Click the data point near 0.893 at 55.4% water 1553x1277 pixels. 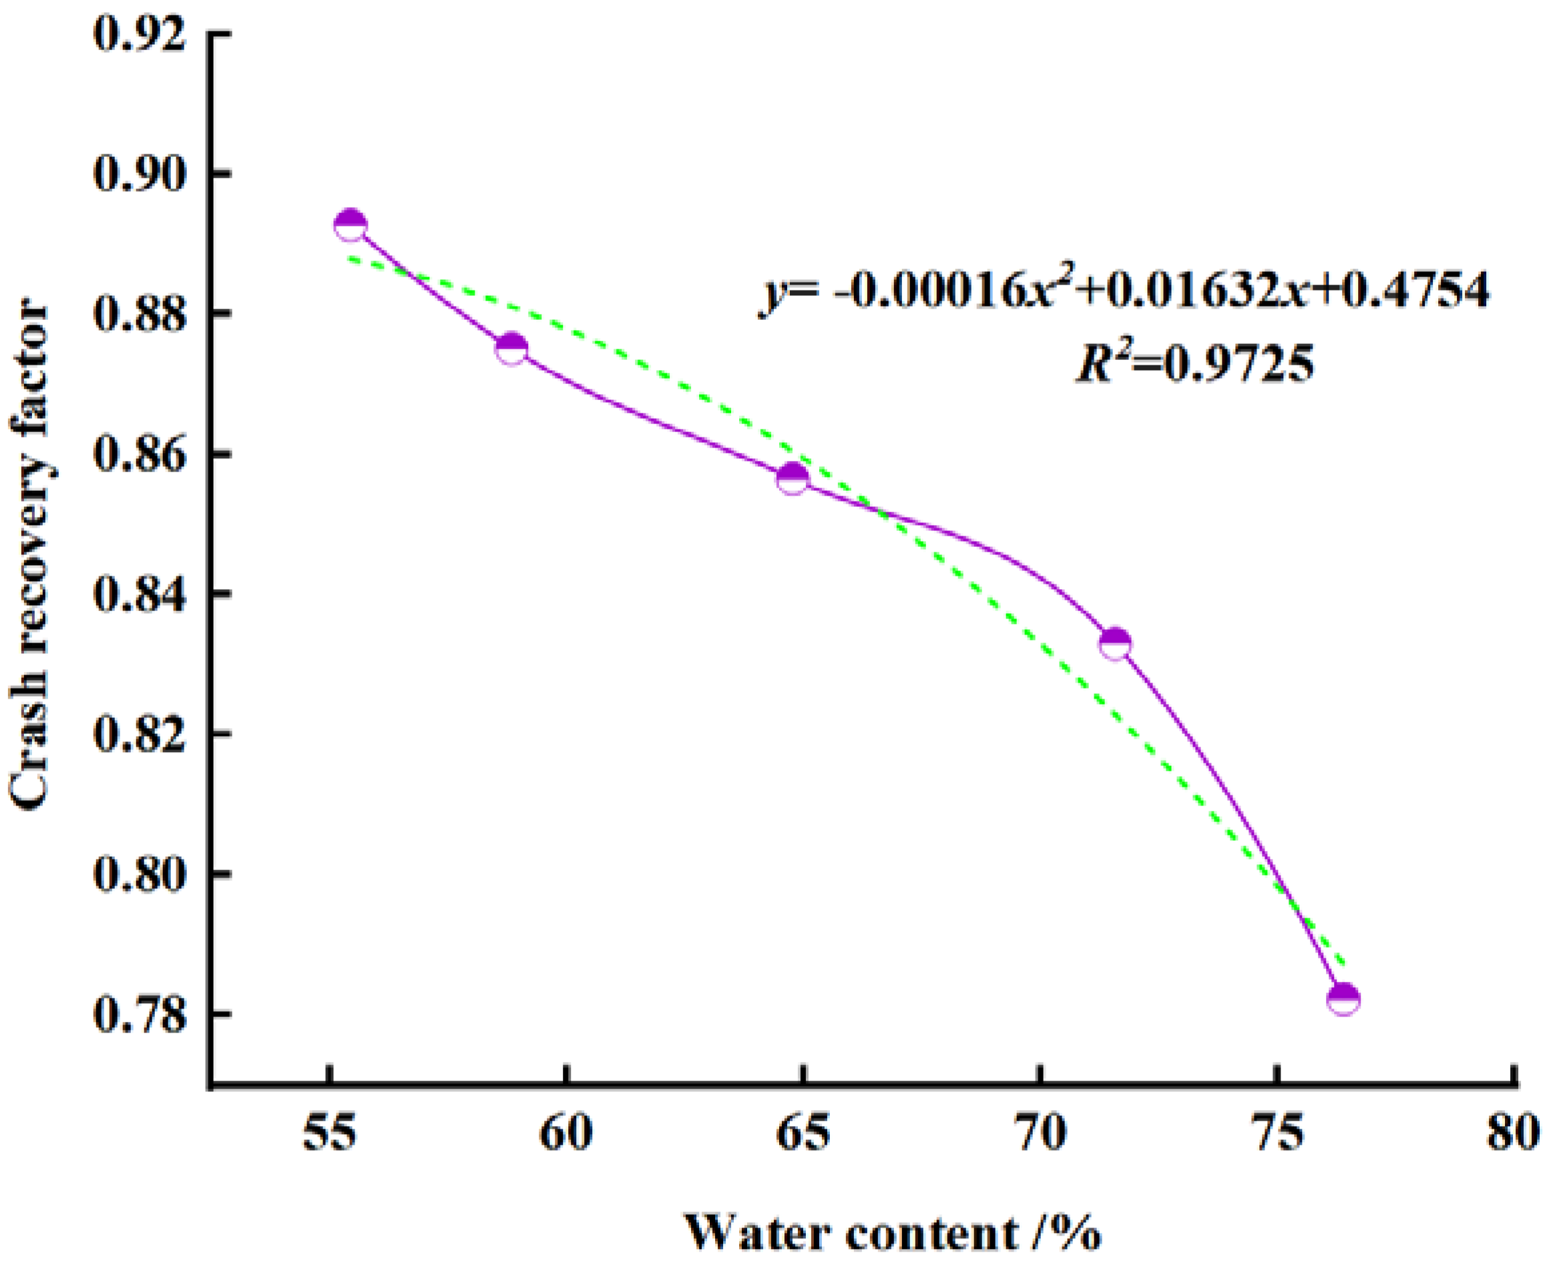click(351, 224)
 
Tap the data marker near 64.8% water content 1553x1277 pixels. click(793, 479)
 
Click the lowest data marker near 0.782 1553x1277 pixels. click(1343, 998)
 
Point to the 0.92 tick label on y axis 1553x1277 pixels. click(140, 35)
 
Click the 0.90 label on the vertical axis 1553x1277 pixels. click(140, 175)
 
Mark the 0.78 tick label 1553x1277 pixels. click(140, 1015)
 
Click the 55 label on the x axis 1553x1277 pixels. click(330, 1133)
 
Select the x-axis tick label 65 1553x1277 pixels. click(804, 1133)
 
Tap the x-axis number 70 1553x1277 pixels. click(1040, 1133)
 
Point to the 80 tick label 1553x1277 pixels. click(1512, 1133)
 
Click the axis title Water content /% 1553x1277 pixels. click(893, 1232)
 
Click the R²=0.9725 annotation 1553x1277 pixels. click(1194, 363)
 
